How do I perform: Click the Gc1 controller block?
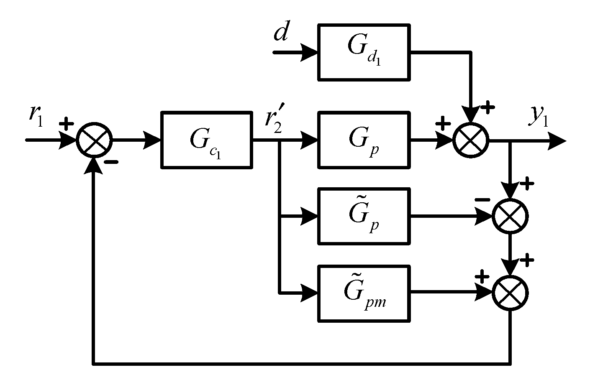[x=207, y=140]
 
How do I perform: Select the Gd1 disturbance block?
[x=364, y=52]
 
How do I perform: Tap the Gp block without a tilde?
[x=364, y=140]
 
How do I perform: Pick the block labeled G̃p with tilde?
[x=364, y=216]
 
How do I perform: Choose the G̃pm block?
[x=364, y=293]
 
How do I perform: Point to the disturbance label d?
[x=281, y=33]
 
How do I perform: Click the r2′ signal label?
[x=274, y=119]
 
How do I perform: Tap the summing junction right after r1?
[x=95, y=140]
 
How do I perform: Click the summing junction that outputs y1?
[x=471, y=140]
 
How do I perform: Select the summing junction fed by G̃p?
[x=510, y=217]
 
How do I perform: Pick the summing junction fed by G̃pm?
[x=510, y=293]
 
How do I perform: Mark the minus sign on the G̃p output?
[x=482, y=200]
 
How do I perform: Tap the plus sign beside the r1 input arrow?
[x=67, y=124]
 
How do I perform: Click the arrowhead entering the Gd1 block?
[x=310, y=53]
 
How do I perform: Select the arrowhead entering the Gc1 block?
[x=153, y=140]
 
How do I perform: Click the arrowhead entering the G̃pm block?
[x=310, y=293]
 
